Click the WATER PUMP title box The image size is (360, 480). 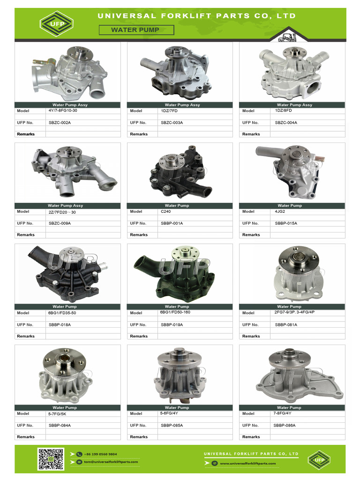click(136, 30)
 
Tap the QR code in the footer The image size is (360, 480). click(51, 459)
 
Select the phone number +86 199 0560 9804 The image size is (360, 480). click(100, 454)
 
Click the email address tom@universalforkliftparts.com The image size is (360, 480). click(111, 462)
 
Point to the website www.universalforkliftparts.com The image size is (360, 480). click(247, 463)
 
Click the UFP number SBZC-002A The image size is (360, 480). click(60, 122)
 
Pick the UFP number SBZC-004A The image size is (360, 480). click(286, 122)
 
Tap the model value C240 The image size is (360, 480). click(166, 211)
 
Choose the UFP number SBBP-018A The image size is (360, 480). click(60, 324)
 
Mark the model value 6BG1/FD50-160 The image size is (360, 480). click(175, 312)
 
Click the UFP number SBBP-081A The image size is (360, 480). click(286, 324)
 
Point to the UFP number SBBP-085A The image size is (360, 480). click(172, 425)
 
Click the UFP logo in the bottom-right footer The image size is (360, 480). click(319, 459)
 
